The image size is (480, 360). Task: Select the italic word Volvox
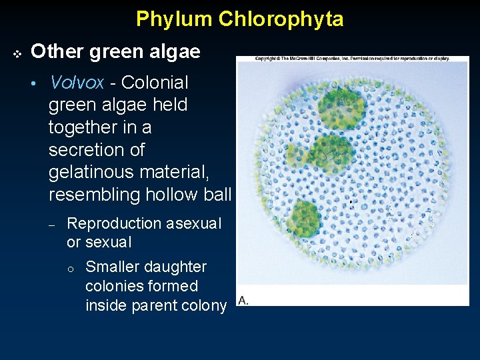(77, 83)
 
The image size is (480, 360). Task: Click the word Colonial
(154, 83)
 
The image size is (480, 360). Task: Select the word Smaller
(113, 267)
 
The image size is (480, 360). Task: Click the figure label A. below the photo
(243, 301)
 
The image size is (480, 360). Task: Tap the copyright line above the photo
(352, 59)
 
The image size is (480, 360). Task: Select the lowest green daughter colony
(305, 219)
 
